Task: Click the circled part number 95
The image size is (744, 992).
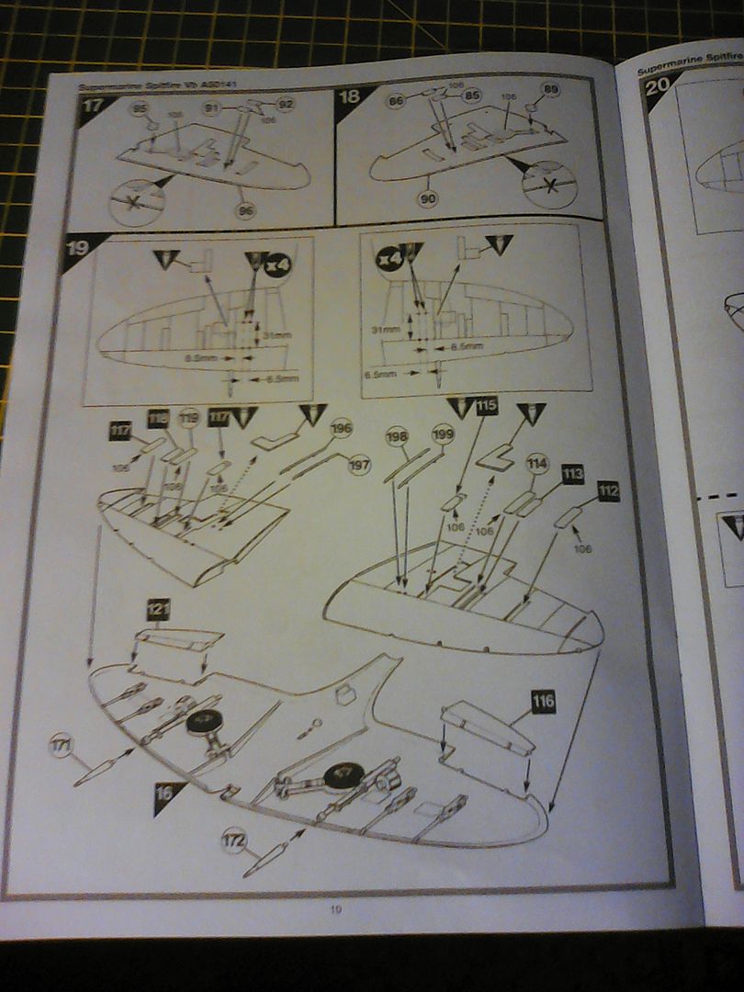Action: coord(140,109)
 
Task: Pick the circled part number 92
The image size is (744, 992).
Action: coord(285,104)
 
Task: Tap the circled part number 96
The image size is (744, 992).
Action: coord(244,210)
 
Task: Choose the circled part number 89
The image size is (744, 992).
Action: coord(550,89)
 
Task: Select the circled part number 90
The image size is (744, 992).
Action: coord(428,198)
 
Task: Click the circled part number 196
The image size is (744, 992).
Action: coord(341,428)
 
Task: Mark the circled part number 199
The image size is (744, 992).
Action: coord(443,433)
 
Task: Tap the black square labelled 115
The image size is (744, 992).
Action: coord(487,405)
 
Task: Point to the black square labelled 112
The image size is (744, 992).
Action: coord(608,491)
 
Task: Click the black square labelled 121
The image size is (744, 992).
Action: coord(159,608)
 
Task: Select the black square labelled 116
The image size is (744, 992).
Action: coord(543,703)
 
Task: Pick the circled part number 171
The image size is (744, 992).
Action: coord(62,746)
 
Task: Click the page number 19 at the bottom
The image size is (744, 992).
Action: coord(336,909)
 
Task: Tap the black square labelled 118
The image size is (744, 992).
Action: coord(158,419)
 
